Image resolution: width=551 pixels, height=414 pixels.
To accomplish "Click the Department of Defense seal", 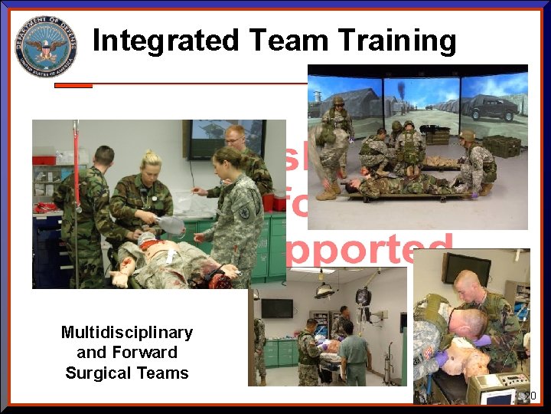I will tap(46, 46).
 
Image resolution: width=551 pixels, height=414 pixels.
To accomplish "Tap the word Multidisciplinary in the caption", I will tap(127, 332).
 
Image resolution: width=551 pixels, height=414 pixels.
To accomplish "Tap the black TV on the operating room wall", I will tap(276, 307).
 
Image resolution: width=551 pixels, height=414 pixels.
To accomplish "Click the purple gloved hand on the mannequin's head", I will tap(484, 340).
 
